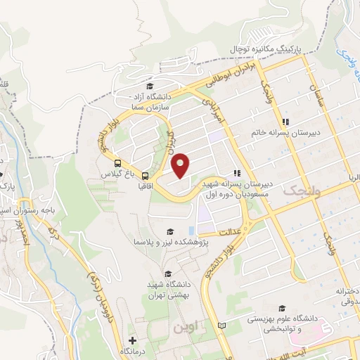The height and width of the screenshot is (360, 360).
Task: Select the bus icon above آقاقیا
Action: point(145,176)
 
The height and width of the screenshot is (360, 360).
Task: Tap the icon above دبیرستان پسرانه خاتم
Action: point(283,117)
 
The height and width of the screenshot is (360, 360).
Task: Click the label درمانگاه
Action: point(133,351)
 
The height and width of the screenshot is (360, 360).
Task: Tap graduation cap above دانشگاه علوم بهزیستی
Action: point(282,308)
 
